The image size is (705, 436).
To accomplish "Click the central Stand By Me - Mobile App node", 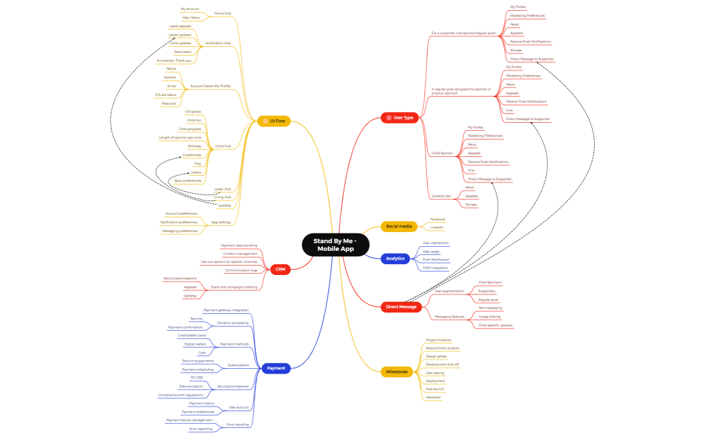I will tap(336, 245).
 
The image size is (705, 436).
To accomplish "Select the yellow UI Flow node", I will tap(274, 121).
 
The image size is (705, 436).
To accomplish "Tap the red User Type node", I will tap(400, 117).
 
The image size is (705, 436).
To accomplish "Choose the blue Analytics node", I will tap(395, 258).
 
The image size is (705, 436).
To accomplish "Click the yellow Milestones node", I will tap(396, 372).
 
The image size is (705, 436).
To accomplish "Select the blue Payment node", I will tap(276, 368).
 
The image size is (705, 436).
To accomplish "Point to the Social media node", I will tap(399, 226).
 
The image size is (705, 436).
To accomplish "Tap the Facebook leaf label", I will tap(438, 219).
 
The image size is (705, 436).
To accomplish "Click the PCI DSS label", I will tap(197, 378).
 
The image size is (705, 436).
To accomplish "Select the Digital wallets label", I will tap(195, 344).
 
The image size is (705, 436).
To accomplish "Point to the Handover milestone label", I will tap(433, 397).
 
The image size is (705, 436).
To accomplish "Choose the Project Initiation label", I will tap(439, 340).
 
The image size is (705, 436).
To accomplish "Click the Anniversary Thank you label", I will tap(174, 60).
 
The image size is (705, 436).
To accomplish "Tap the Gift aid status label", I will tap(165, 95).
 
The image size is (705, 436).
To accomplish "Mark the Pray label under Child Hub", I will tap(197, 164).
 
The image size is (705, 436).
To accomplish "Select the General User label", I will tap(441, 196).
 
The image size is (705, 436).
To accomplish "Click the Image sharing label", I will tap(489, 316).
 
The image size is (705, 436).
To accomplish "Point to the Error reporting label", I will tap(201, 429).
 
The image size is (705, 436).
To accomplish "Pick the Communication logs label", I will tap(241, 270).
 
